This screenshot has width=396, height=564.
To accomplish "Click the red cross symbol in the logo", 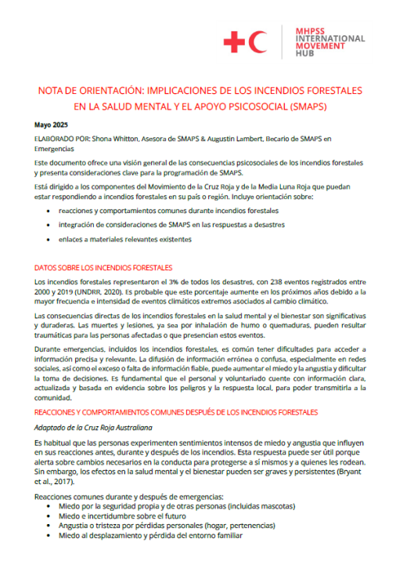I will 234,42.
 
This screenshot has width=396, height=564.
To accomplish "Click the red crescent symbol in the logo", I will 257,42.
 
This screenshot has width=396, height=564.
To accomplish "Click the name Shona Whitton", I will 106,139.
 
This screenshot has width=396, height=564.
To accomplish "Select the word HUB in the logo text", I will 306,54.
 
